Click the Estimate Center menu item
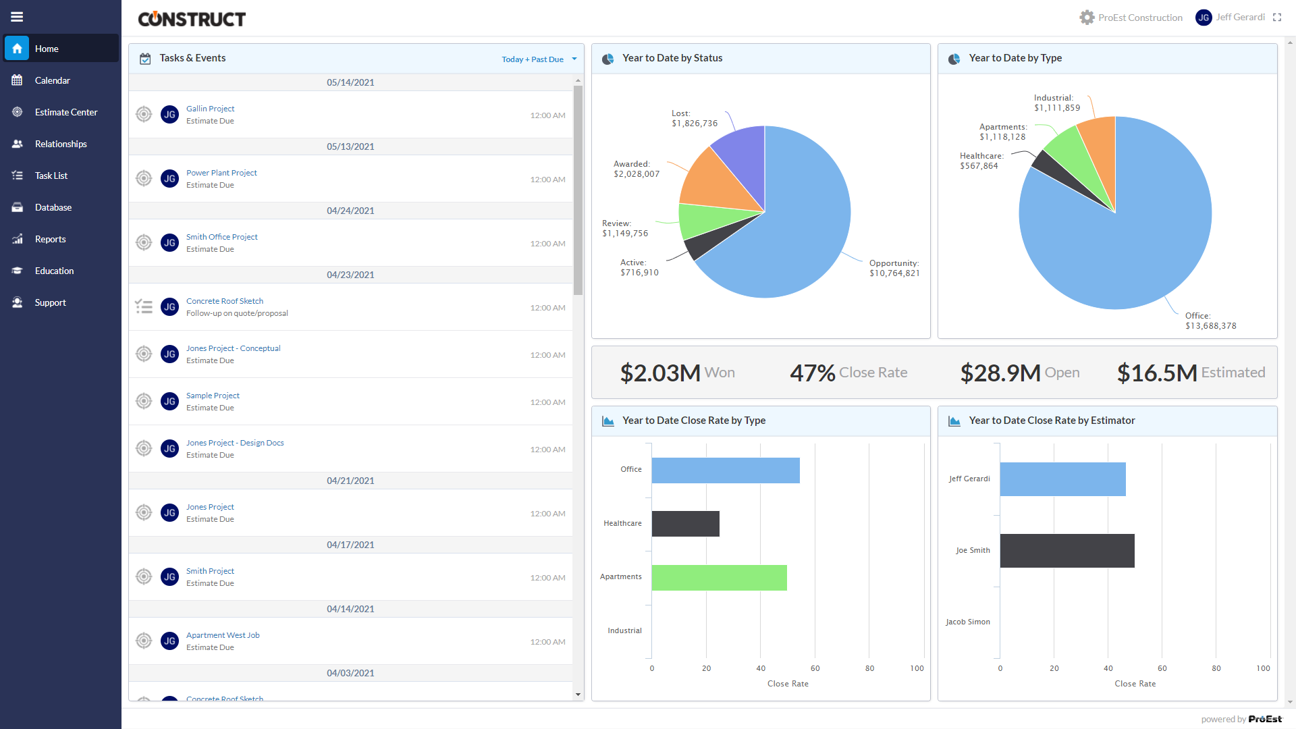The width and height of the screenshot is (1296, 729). click(x=65, y=112)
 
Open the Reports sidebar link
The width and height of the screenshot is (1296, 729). click(x=50, y=239)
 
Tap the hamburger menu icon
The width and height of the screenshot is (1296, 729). click(x=17, y=17)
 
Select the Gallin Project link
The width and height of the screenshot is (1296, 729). click(x=210, y=109)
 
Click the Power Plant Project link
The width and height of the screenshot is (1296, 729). click(x=221, y=173)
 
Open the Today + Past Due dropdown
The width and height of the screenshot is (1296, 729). click(x=539, y=59)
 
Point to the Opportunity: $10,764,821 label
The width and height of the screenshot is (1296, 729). click(x=894, y=268)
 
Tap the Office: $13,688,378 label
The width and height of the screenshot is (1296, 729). click(x=1210, y=321)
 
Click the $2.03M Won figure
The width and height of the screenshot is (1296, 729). click(x=660, y=373)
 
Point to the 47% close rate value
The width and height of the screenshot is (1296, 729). click(x=813, y=373)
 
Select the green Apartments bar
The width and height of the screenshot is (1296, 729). click(x=719, y=578)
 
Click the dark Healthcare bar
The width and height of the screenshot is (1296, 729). click(x=685, y=524)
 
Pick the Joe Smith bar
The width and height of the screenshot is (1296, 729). click(x=1066, y=551)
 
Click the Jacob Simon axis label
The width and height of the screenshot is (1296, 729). click(x=967, y=622)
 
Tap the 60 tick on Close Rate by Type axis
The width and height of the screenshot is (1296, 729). click(x=815, y=668)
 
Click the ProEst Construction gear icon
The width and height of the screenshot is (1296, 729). click(x=1086, y=18)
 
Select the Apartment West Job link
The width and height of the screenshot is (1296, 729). click(x=223, y=635)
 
